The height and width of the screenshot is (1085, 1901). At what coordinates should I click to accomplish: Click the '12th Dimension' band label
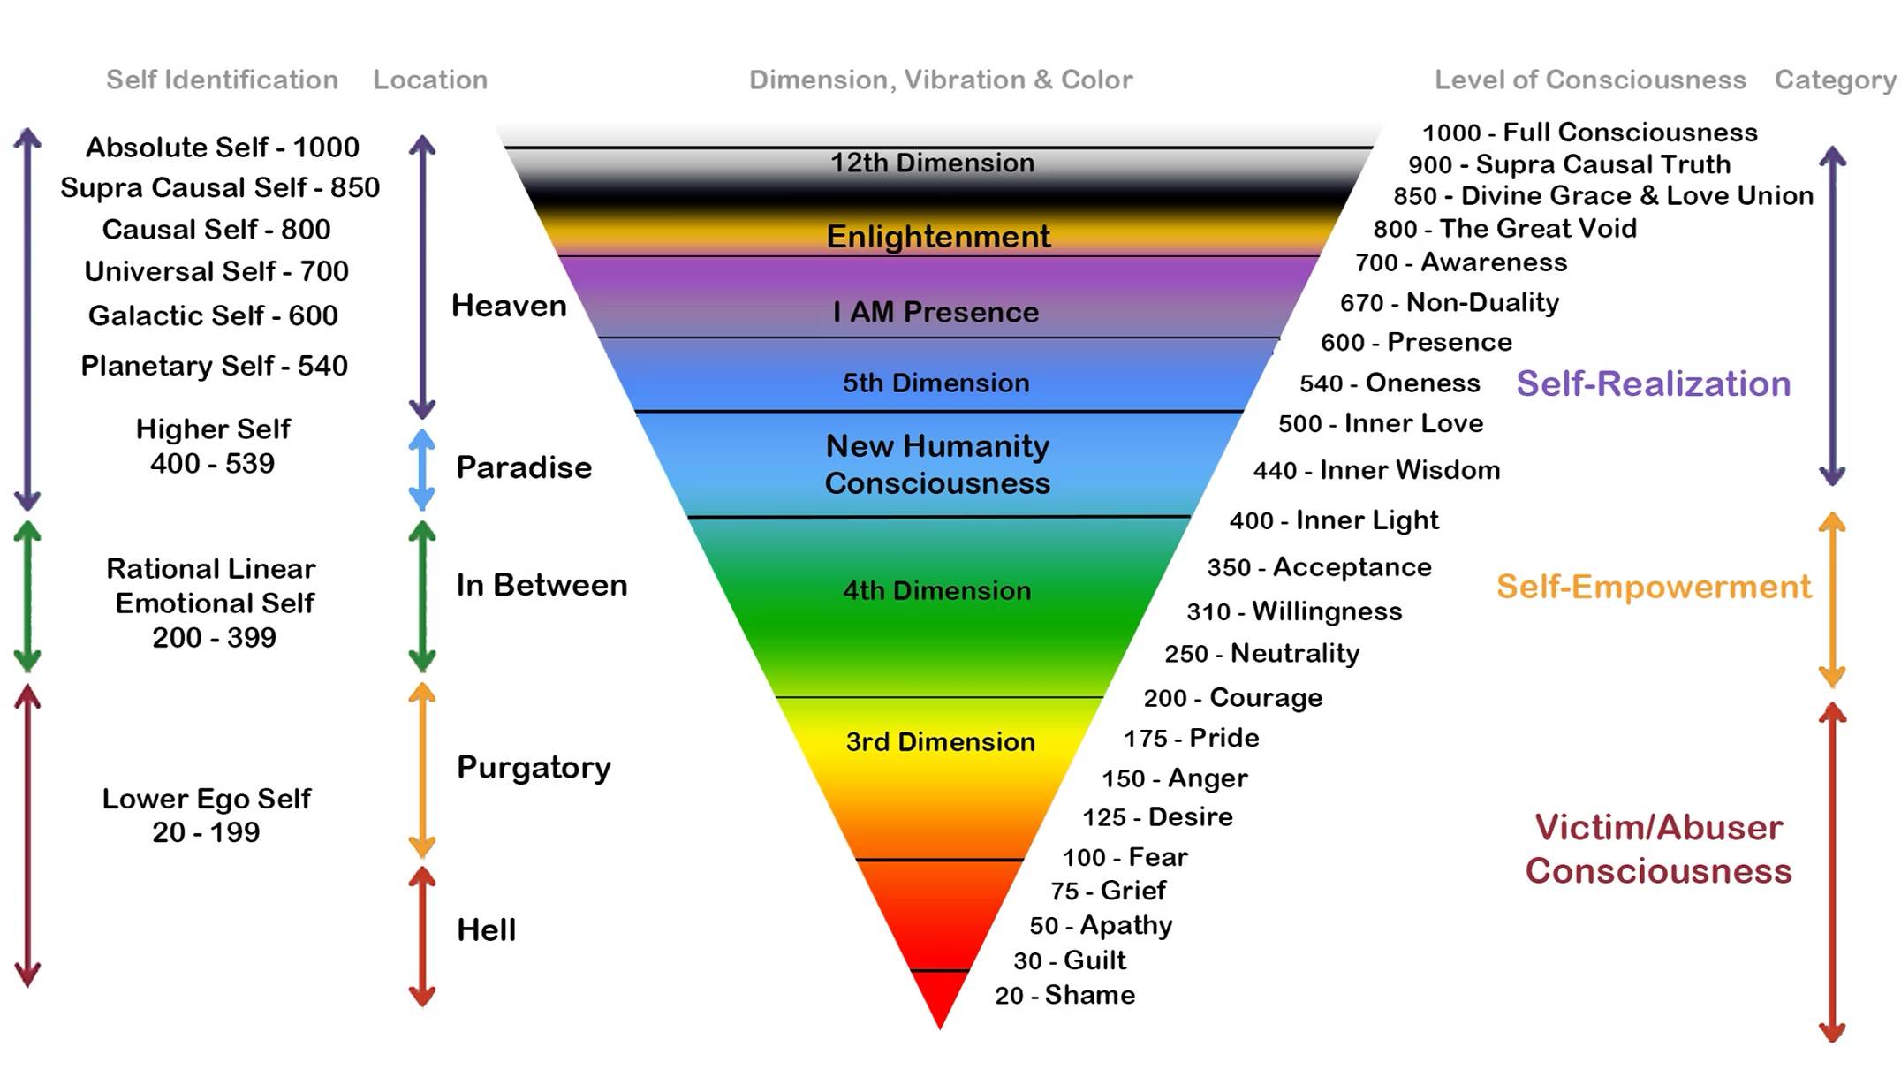pyautogui.click(x=932, y=163)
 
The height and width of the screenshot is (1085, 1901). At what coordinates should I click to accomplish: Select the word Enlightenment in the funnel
pyautogui.click(x=938, y=237)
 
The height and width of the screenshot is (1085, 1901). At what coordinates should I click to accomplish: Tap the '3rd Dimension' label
pyautogui.click(x=940, y=741)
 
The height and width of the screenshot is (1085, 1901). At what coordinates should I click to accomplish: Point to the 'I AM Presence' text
pyautogui.click(x=935, y=312)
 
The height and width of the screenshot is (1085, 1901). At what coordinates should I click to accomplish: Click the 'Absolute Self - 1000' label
pyautogui.click(x=222, y=147)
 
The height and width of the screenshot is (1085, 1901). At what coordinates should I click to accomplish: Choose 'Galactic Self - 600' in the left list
pyautogui.click(x=213, y=315)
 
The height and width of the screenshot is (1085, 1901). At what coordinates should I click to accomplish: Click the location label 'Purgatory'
pyautogui.click(x=534, y=767)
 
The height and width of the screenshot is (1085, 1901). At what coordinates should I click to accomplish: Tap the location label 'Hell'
pyautogui.click(x=486, y=929)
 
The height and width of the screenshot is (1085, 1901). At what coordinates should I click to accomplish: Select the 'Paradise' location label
pyautogui.click(x=524, y=467)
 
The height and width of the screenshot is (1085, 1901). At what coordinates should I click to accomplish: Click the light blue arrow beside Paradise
pyautogui.click(x=422, y=469)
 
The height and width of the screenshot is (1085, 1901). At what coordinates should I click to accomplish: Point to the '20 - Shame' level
pyautogui.click(x=1064, y=995)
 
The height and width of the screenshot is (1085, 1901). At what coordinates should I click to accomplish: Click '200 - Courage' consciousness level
pyautogui.click(x=1232, y=697)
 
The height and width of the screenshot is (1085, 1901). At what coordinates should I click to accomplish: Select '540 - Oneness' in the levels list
pyautogui.click(x=1390, y=383)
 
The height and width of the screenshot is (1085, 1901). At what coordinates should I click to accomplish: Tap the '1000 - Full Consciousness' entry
pyautogui.click(x=1589, y=133)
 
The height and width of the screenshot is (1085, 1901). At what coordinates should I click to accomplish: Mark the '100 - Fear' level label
pyautogui.click(x=1125, y=857)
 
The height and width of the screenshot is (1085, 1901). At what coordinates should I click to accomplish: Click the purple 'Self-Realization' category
pyautogui.click(x=1653, y=383)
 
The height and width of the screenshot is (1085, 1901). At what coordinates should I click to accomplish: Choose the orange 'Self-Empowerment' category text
pyautogui.click(x=1653, y=587)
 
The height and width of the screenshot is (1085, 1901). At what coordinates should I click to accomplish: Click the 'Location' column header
pyautogui.click(x=430, y=80)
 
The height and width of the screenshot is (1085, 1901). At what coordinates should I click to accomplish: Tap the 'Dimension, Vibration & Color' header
pyautogui.click(x=941, y=80)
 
